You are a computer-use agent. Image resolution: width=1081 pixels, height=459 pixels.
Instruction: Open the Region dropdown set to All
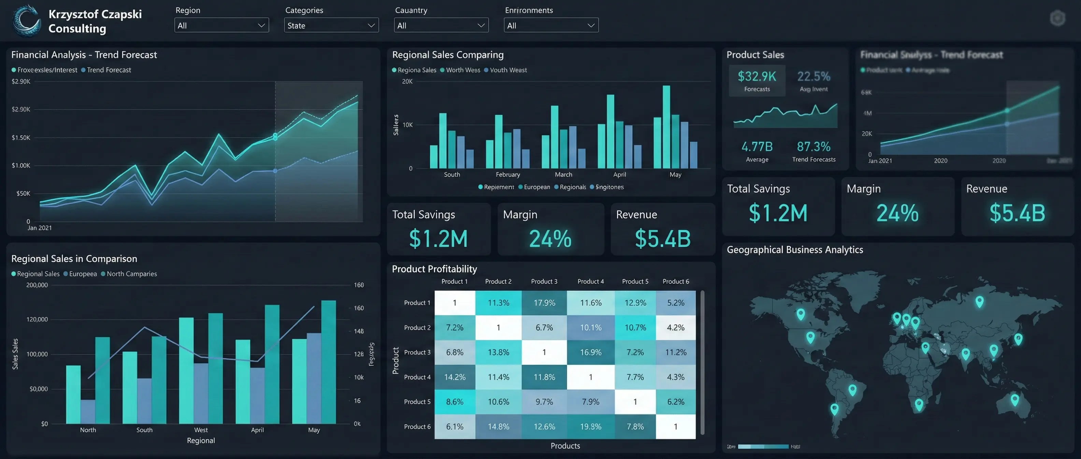pos(221,25)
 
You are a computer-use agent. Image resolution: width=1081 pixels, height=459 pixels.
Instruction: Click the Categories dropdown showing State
pos(331,25)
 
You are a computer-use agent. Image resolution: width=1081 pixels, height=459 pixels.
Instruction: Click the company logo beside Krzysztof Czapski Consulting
pos(26,20)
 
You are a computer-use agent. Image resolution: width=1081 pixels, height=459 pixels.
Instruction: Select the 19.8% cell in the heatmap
pos(590,427)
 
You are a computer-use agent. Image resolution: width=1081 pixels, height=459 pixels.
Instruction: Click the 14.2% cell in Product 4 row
pos(455,377)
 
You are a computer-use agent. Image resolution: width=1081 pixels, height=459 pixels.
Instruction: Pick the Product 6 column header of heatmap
pos(676,281)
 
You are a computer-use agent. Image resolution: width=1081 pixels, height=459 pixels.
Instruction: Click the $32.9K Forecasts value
pos(756,76)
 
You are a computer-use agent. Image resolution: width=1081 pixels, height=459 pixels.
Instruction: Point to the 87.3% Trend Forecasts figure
pos(813,147)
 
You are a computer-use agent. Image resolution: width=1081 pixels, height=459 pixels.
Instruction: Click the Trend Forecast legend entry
pos(108,70)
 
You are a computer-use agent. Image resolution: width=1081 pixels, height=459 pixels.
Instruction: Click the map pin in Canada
pos(801,314)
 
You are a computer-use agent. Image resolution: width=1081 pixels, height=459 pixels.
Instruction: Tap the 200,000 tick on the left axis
pos(37,285)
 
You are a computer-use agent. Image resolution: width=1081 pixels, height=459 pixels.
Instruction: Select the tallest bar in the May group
pos(666,126)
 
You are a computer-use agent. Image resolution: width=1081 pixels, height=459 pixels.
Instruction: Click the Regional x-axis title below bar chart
pos(201,441)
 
